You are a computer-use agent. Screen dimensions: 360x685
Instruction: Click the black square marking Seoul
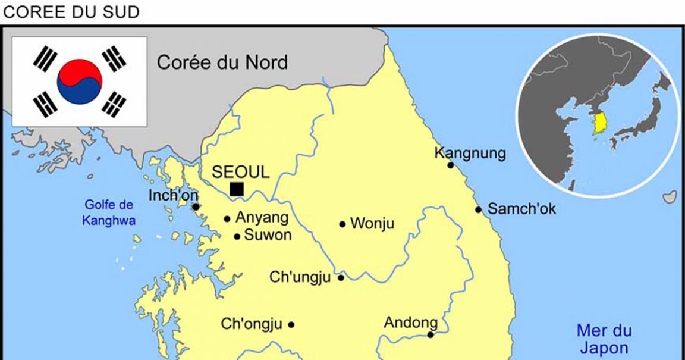[237, 189]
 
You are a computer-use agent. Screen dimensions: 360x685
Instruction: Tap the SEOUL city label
[241, 172]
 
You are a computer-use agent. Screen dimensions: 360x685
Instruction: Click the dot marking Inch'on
[196, 207]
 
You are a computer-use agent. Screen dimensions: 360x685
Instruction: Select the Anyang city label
[262, 218]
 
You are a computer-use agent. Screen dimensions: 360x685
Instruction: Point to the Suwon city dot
[237, 236]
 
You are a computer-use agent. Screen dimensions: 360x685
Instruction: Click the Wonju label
[372, 224]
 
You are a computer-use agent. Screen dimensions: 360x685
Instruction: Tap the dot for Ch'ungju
[341, 278]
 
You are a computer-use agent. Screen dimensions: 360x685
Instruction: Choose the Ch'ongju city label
[251, 324]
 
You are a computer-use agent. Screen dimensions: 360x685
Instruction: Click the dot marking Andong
[431, 334]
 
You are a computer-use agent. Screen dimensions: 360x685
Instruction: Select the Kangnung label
[470, 154]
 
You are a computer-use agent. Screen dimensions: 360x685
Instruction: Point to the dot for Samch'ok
[479, 209]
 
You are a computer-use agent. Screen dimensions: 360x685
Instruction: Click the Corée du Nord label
[222, 62]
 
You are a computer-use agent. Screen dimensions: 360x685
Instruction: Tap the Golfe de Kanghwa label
[109, 212]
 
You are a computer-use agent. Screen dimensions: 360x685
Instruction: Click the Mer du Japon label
[604, 339]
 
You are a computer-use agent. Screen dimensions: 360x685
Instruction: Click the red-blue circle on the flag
[80, 82]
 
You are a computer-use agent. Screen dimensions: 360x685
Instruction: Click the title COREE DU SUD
[71, 12]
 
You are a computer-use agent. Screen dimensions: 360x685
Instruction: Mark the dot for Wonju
[342, 224]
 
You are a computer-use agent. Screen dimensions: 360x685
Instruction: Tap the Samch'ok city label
[521, 209]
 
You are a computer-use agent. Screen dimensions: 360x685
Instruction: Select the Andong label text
[411, 323]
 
